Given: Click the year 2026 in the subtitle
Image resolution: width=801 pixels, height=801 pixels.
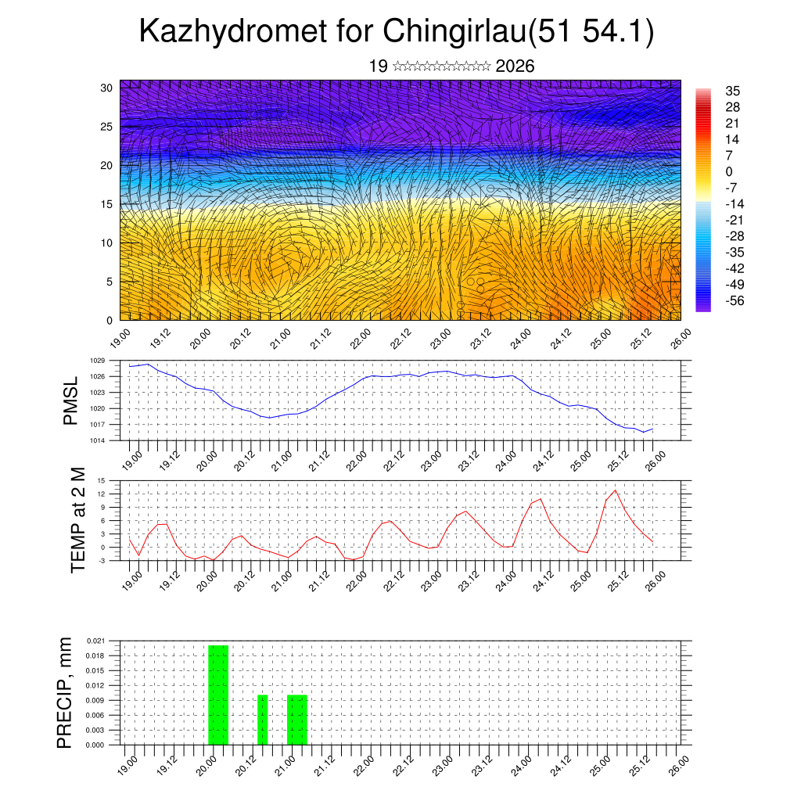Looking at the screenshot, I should point(515,66).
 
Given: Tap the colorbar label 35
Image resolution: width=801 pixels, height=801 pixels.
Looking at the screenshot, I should point(733,92).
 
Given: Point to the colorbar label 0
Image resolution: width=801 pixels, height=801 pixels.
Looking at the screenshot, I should point(729,171).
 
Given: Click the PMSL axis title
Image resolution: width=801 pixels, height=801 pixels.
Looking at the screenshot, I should point(70,400).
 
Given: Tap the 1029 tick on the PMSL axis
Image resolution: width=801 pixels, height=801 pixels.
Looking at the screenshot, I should point(97,361).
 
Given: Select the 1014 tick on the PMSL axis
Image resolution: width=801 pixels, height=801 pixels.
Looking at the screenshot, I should point(97,440).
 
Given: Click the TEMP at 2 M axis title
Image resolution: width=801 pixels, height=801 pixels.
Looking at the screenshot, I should point(78,519).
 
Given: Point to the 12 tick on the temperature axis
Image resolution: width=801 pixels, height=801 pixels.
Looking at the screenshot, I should point(102,494).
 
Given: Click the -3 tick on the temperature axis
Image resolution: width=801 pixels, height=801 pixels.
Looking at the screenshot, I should point(102,560).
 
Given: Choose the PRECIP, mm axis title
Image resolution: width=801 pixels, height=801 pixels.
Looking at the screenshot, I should point(66,692).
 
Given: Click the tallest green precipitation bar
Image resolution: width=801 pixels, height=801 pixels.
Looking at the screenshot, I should point(218,695).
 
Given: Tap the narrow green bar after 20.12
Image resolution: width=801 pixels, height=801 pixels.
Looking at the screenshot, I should point(263,720).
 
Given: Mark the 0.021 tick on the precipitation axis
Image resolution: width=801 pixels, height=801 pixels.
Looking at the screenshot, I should point(95,641).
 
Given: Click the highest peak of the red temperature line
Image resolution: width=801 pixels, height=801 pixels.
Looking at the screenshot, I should point(616,490).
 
